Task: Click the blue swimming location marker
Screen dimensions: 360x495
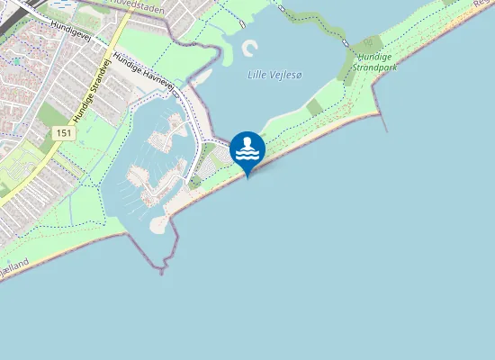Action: click(x=247, y=150)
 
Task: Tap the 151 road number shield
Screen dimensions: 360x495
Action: click(x=63, y=132)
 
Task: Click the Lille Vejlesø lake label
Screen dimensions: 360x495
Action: click(x=274, y=75)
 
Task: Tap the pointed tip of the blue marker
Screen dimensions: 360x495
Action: click(x=247, y=175)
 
